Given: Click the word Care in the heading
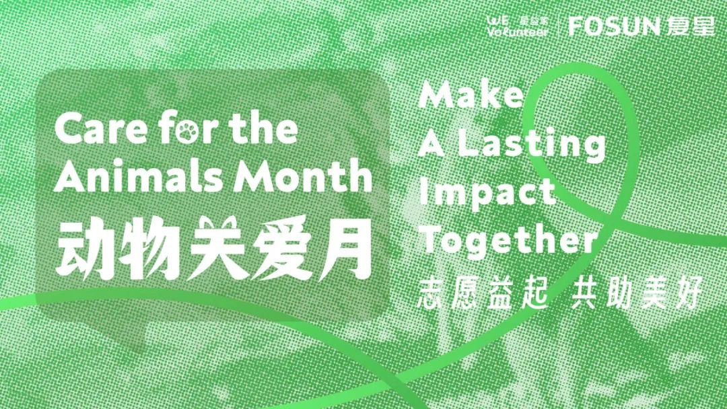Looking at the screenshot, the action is tap(101, 129).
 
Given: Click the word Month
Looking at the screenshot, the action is tap(303, 176).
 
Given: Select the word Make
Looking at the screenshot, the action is tap(471, 94).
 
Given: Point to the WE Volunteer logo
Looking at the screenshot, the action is tap(518, 26).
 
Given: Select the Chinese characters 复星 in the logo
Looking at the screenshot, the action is tap(691, 26).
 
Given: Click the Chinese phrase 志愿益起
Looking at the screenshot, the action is tap(483, 293).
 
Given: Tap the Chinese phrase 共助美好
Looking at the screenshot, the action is tap(637, 293).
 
